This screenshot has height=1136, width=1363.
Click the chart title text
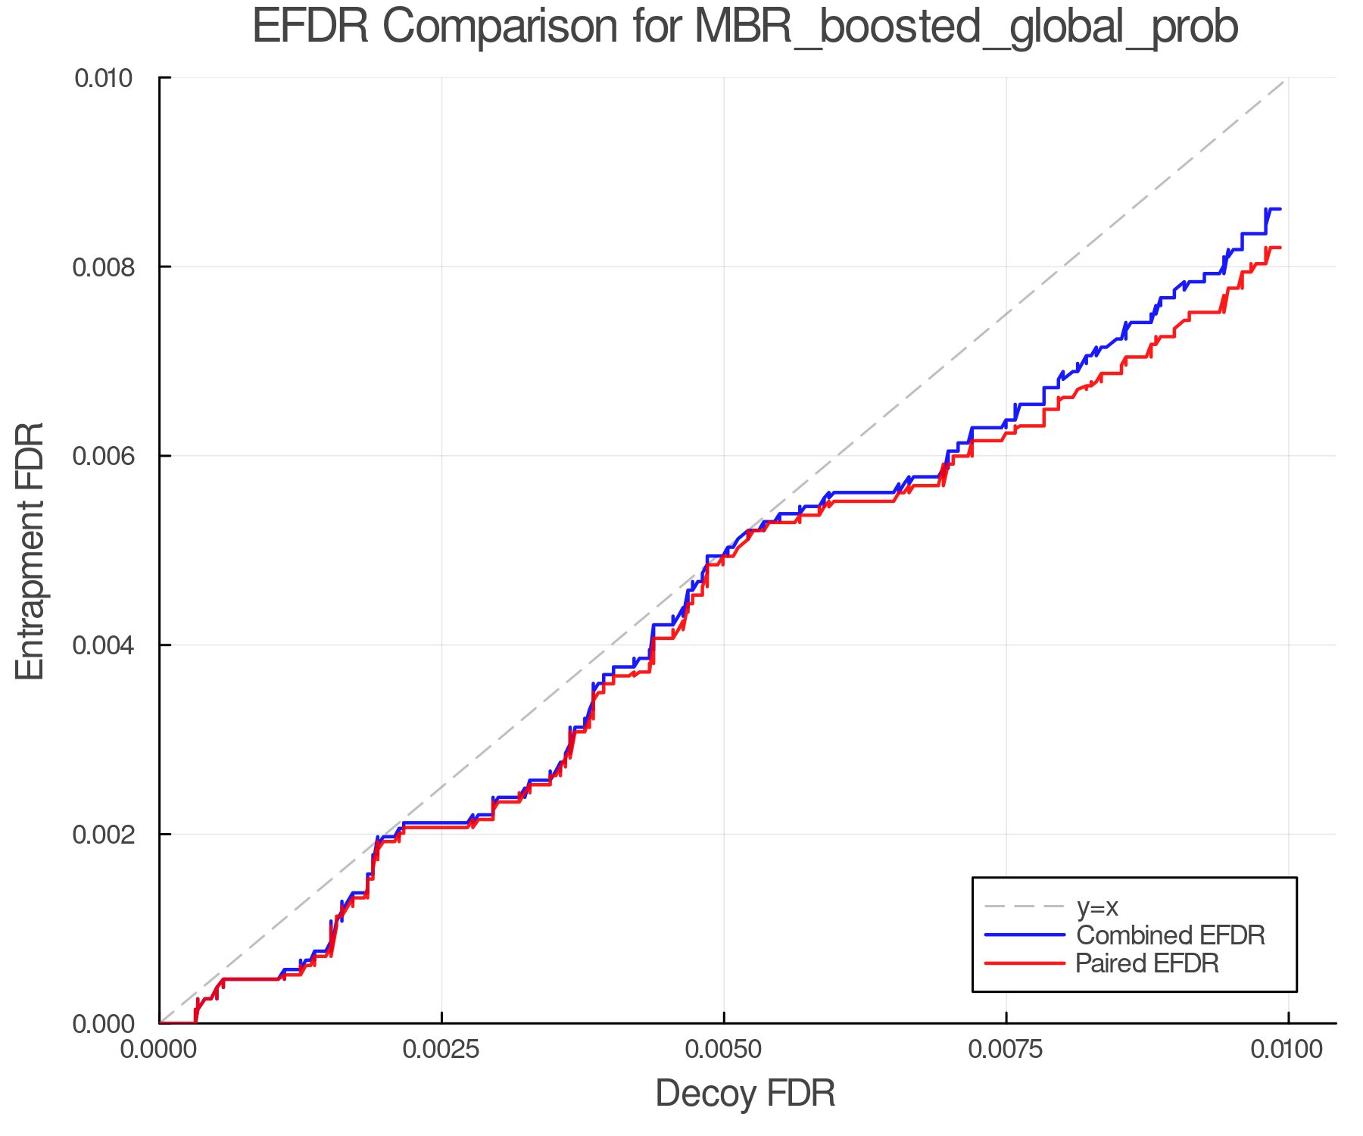pos(744,27)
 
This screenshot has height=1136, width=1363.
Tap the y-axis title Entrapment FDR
pos(31,551)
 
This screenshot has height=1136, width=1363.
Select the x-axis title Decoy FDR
pos(744,1093)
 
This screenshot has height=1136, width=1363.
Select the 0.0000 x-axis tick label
pos(159,1050)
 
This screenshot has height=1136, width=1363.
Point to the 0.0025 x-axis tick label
pos(441,1050)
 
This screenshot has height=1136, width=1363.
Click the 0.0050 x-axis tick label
pos(724,1050)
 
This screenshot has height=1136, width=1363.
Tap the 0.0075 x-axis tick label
pos(1006,1050)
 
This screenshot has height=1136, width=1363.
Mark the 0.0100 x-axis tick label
pos(1288,1050)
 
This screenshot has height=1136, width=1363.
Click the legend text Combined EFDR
pos(1170,935)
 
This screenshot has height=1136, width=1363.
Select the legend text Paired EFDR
pos(1147,963)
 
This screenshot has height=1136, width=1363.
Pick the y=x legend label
pos(1097,907)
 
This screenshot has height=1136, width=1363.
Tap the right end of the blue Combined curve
pos(1280,209)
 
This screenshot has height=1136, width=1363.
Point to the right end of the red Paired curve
pos(1280,248)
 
